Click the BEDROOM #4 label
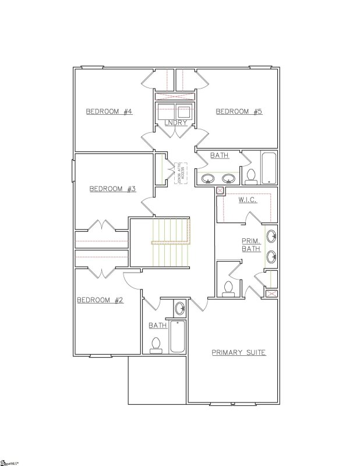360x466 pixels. (x=109, y=111)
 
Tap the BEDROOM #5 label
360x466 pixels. (x=239, y=111)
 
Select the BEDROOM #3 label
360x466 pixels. (x=112, y=189)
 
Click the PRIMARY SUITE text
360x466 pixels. (x=238, y=352)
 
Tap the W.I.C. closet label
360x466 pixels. (x=248, y=200)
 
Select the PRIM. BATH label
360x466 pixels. (x=251, y=245)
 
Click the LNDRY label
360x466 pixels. (x=175, y=123)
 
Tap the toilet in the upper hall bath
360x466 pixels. (x=251, y=176)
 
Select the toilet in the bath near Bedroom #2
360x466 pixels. (x=156, y=345)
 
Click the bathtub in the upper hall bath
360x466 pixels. (x=269, y=168)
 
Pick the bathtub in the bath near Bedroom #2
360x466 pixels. (x=178, y=337)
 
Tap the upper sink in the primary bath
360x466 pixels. (x=271, y=236)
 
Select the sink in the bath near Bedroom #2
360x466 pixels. (x=179, y=308)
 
